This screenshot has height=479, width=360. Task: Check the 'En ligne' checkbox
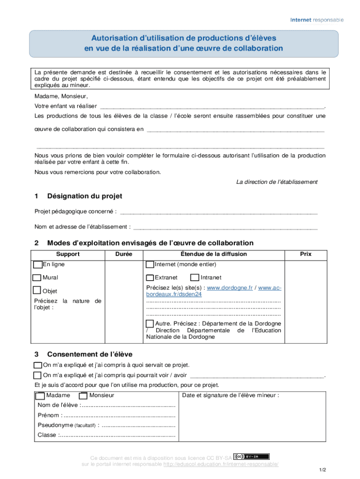(38, 265)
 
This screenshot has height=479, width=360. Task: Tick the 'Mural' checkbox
(37, 278)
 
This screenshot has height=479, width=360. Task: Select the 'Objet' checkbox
(37, 291)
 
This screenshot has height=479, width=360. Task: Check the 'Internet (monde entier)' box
(150, 265)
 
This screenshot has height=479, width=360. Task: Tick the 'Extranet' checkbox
(150, 278)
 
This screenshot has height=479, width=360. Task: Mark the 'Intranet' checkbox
(195, 278)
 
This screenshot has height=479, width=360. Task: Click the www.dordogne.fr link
(230, 288)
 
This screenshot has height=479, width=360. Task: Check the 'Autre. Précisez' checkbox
(150, 324)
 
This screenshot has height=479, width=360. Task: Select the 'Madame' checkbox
(41, 396)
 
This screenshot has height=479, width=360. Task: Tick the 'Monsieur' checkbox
(84, 396)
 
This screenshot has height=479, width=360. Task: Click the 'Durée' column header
(124, 254)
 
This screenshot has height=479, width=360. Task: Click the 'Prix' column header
(306, 254)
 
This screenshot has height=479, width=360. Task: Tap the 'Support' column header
(68, 254)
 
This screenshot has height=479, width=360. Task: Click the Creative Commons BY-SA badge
(252, 457)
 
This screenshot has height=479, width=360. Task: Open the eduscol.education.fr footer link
(221, 464)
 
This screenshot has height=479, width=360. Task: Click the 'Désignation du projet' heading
(84, 196)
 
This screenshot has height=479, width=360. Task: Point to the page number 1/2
(323, 470)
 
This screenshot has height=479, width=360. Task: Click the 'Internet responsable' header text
(317, 20)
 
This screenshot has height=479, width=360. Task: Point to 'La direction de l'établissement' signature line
(277, 182)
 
